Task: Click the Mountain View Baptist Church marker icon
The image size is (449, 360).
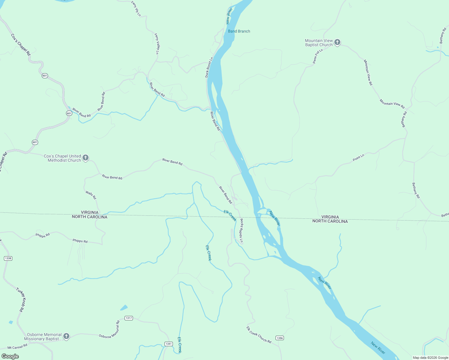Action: (337, 42)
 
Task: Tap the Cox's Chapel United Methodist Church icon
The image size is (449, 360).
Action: (86, 158)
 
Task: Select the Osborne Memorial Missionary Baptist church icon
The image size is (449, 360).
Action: (66, 336)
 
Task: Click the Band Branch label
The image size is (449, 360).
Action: (239, 31)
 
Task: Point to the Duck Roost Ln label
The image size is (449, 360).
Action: (209, 67)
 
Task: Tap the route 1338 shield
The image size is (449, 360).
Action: (8, 258)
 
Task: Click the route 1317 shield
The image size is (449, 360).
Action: (128, 318)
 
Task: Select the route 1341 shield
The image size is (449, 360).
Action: (169, 344)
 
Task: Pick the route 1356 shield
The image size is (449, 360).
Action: (279, 338)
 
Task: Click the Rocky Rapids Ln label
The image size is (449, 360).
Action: (241, 230)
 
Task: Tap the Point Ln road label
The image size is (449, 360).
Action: (358, 157)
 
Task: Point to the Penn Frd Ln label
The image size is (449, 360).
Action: (318, 56)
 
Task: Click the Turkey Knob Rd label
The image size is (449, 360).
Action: (21, 300)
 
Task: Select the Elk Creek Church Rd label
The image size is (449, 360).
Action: (259, 335)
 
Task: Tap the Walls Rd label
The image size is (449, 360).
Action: (91, 195)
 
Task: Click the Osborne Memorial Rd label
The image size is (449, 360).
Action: (109, 330)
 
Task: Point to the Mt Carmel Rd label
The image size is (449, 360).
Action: (17, 347)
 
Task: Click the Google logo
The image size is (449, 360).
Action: (10, 356)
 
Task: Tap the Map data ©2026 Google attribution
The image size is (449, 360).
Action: (430, 358)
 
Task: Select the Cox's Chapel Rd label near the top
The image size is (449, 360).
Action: (21, 44)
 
